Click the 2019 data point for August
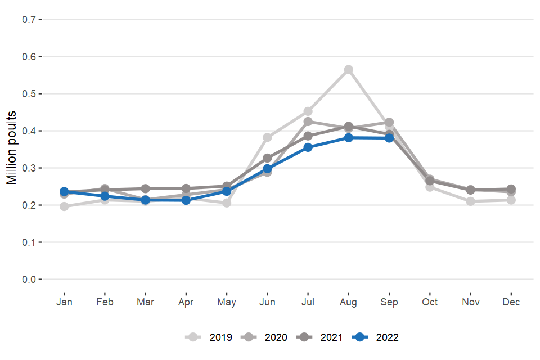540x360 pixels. click(349, 70)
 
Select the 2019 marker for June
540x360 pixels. click(268, 137)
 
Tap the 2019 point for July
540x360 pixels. click(308, 111)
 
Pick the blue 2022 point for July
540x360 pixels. click(308, 147)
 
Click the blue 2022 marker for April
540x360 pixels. click(186, 200)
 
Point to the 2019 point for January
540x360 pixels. click(64, 206)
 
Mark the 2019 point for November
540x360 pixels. click(471, 201)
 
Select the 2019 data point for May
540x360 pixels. click(227, 202)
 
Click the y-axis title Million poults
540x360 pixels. click(12, 148)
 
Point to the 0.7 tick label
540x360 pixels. click(29, 20)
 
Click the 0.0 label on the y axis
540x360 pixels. click(29, 280)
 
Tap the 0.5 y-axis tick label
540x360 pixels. click(29, 94)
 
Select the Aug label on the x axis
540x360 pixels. click(349, 303)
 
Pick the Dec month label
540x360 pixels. click(511, 303)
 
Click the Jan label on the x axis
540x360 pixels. click(64, 303)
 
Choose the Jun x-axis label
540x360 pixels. click(268, 303)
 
